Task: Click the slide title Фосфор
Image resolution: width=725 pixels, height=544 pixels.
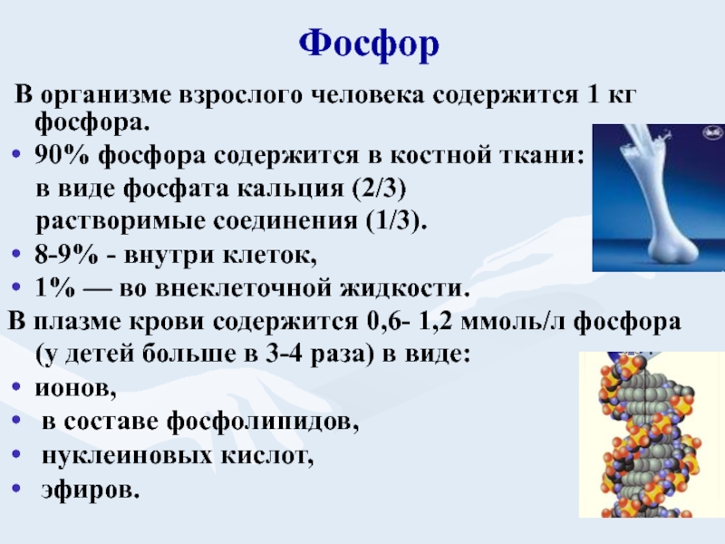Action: (369, 44)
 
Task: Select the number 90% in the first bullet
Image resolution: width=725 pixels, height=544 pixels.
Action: (61, 155)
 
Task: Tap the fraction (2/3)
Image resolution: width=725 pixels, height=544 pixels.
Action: (379, 189)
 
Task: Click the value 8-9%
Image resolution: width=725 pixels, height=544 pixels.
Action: (66, 255)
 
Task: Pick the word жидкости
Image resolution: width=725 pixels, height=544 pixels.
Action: (401, 288)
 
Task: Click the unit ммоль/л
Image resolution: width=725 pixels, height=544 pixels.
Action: (512, 322)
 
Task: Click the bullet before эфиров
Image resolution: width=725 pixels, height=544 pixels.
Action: (16, 488)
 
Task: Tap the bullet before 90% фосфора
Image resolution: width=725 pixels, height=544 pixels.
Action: (16, 154)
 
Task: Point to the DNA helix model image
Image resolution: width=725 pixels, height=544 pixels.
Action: (651, 434)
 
